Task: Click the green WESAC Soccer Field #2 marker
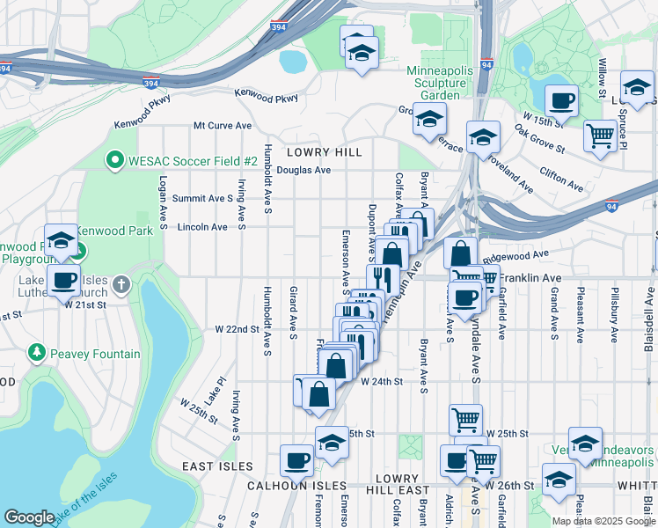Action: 114,161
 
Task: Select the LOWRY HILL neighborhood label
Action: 331,152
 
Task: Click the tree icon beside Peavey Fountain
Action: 37,353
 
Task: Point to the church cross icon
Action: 122,284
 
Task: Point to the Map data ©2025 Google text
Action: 603,521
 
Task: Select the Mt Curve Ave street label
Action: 223,126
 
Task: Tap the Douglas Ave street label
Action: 303,170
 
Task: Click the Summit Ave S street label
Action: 202,199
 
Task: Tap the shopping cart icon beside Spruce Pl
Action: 600,136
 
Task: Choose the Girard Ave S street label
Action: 293,310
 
